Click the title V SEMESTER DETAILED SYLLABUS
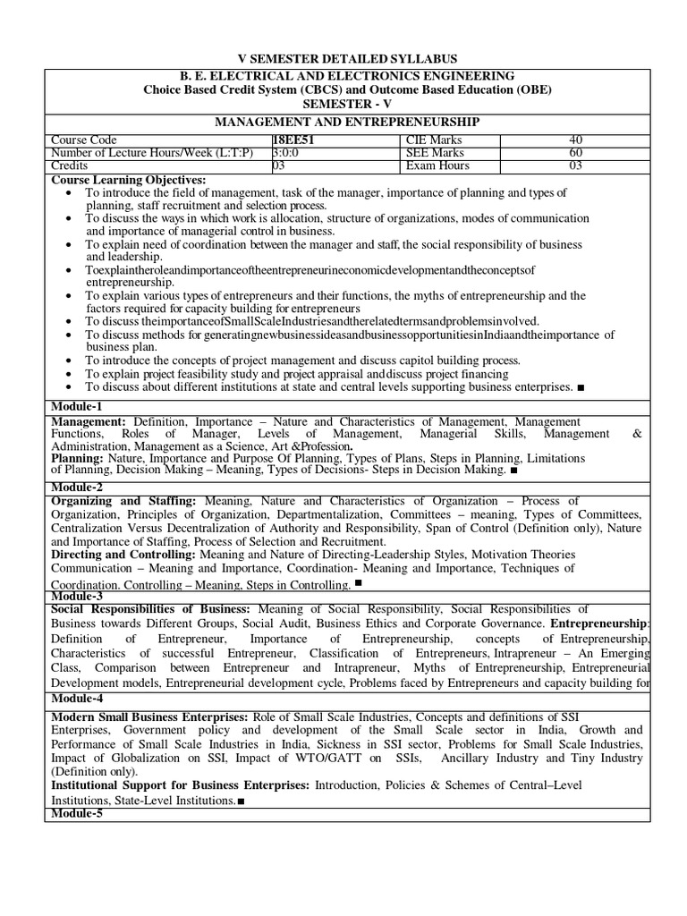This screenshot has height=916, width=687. pos(346,58)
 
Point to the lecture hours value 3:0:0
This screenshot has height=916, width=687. pos(290,153)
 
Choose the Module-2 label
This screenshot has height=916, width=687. pos(77,488)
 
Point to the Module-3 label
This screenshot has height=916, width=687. pos(77,595)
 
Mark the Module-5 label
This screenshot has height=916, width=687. pos(77,812)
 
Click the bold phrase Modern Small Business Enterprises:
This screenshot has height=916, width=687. pos(150,717)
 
